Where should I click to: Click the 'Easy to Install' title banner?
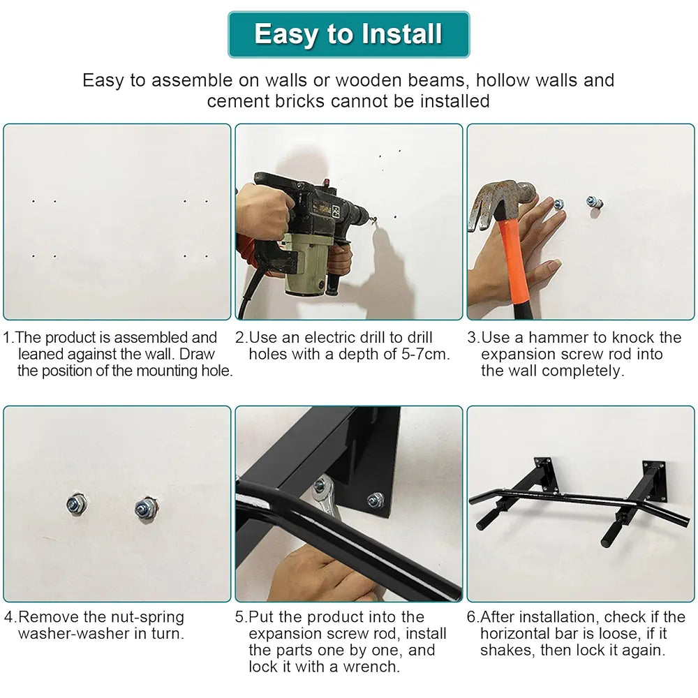click(x=348, y=34)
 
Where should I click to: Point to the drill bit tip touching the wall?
click(x=375, y=219)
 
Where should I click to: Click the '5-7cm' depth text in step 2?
click(x=426, y=355)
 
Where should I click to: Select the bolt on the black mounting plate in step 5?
click(x=376, y=499)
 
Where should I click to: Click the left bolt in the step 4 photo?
click(x=75, y=505)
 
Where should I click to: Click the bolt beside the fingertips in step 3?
click(x=558, y=204)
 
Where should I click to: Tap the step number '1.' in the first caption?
click(x=9, y=337)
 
